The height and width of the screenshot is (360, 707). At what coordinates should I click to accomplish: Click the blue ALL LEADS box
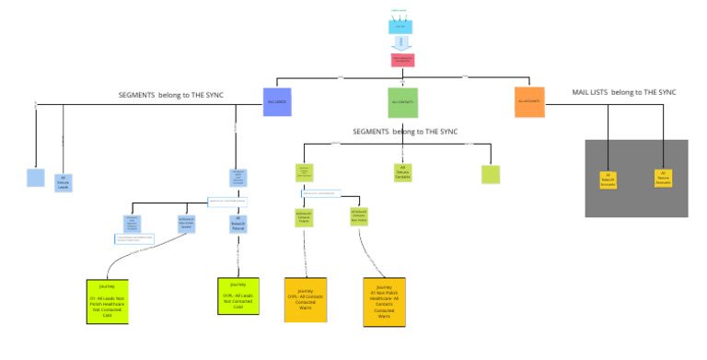(x=277, y=101)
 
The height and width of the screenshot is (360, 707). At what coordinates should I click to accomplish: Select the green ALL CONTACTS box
(x=402, y=101)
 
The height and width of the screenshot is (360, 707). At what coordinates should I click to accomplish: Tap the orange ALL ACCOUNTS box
(x=529, y=101)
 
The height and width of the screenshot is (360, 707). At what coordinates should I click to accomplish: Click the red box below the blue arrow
(x=402, y=60)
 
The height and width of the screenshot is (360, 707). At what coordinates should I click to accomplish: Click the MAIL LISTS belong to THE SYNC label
(x=624, y=93)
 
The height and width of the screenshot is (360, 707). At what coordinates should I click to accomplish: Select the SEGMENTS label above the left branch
(x=170, y=95)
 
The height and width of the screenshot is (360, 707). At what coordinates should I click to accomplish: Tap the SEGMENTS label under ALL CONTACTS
(x=404, y=132)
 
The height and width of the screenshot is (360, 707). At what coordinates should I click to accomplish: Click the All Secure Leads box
(x=63, y=182)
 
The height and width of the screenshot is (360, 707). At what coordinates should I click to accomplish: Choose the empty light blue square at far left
(x=35, y=178)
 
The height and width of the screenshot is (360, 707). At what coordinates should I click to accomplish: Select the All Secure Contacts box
(x=402, y=172)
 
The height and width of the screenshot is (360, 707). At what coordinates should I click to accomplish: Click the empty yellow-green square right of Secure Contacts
(x=491, y=174)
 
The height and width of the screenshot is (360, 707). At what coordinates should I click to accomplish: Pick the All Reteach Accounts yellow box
(x=608, y=179)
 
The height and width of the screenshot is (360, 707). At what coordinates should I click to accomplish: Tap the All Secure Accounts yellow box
(x=663, y=179)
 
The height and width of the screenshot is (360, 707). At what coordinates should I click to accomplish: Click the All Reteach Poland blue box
(x=237, y=222)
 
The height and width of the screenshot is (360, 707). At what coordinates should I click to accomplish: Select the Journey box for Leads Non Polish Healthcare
(x=107, y=300)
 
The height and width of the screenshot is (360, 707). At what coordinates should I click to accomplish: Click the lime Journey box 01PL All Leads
(x=238, y=296)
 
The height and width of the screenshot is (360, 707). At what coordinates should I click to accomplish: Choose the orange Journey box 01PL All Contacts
(x=305, y=299)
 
